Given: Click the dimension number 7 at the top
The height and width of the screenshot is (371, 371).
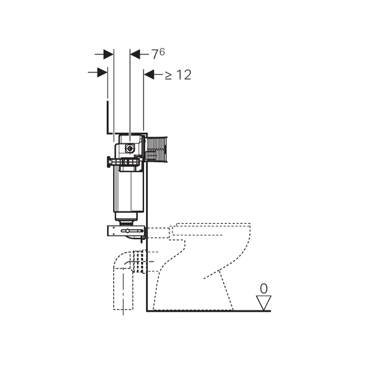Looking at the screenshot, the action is click(155, 54).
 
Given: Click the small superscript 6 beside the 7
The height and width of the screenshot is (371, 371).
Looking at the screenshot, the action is click(162, 52).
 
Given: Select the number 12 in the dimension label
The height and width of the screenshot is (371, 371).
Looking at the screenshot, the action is click(184, 75).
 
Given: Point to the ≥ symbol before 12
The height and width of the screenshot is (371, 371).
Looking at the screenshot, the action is click(168, 75).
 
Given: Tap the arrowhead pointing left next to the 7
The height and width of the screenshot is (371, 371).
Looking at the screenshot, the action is click(135, 54).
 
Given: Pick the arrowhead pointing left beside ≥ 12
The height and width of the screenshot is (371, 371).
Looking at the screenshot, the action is click(149, 75).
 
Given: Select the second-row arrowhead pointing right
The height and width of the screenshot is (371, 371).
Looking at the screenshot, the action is click(103, 72).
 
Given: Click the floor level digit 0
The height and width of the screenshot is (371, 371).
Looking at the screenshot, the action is click(263, 289).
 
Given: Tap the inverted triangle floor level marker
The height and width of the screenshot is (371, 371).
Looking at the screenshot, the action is click(263, 302).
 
